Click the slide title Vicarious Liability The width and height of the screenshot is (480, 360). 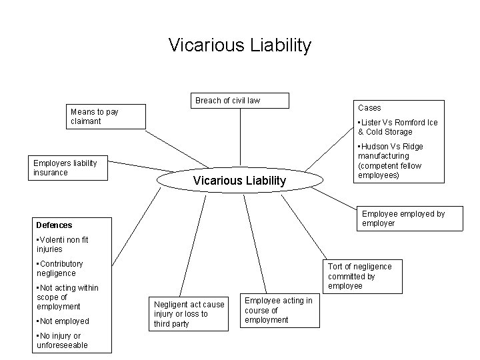239,45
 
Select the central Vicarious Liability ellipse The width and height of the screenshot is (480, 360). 239,181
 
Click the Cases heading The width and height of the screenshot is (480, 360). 369,107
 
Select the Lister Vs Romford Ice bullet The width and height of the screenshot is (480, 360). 397,127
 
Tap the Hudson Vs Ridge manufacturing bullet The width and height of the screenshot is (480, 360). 394,161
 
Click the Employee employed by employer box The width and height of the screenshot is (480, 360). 403,218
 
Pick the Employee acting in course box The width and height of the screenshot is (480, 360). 278,310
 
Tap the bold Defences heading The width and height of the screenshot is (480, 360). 55,225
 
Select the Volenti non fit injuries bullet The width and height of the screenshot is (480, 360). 63,244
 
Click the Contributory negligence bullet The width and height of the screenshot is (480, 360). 60,268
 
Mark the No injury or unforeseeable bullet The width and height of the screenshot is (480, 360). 61,340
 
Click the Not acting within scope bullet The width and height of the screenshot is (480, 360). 67,297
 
